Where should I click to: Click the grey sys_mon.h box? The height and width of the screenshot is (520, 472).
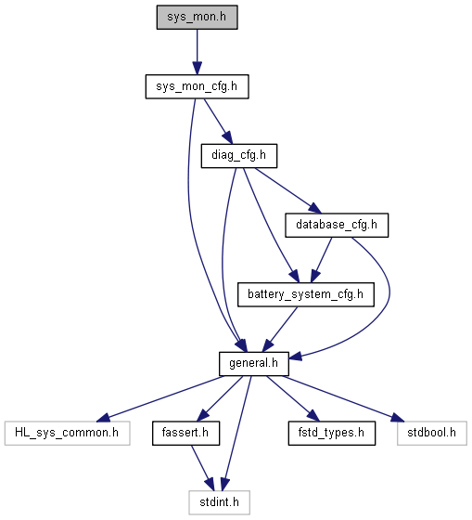click(x=198, y=18)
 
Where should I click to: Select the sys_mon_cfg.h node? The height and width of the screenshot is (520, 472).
click(x=198, y=86)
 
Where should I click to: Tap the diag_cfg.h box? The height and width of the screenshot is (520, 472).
click(x=239, y=156)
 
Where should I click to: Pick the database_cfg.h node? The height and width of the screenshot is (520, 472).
click(x=337, y=225)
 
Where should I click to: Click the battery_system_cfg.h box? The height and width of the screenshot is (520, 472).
click(x=306, y=294)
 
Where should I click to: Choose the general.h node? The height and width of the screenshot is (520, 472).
click(x=254, y=364)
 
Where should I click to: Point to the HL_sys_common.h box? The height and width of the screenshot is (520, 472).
click(x=68, y=433)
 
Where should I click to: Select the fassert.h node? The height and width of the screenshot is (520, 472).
click(x=185, y=433)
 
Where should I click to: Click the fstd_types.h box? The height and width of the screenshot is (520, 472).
click(x=332, y=433)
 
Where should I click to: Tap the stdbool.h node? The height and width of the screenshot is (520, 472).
click(x=432, y=433)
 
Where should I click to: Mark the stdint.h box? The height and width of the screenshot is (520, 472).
click(x=219, y=502)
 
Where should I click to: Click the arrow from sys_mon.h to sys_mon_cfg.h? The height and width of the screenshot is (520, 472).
click(x=198, y=52)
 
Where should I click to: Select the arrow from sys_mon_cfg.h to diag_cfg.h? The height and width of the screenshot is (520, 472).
click(x=218, y=121)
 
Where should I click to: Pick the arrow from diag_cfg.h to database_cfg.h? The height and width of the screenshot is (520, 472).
click(x=287, y=190)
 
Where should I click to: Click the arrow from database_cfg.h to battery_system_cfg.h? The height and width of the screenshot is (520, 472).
click(x=321, y=260)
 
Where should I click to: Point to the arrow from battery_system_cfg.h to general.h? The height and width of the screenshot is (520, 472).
click(x=280, y=330)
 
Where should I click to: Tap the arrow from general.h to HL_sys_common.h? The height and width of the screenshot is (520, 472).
click(x=160, y=398)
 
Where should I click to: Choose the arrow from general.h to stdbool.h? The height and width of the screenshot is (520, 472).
click(x=344, y=398)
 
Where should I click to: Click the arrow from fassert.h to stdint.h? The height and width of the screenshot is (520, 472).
click(x=202, y=468)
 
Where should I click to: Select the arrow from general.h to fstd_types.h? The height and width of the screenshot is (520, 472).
click(x=293, y=398)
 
